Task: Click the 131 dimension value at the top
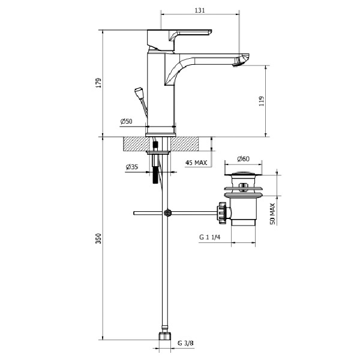click(200, 10)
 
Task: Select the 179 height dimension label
click(98, 83)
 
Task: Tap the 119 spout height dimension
click(262, 101)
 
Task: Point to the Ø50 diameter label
click(126, 121)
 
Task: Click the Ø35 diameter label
click(132, 167)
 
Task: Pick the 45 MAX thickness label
click(196, 163)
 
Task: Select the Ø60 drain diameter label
click(244, 158)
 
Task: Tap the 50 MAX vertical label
click(272, 214)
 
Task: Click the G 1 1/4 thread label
click(210, 237)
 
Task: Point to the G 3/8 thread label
click(185, 343)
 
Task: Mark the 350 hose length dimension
click(98, 239)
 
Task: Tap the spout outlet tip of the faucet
click(241, 60)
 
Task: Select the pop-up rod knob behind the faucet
click(138, 91)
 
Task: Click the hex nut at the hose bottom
click(165, 336)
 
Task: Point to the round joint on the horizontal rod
click(167, 213)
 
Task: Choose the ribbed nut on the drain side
click(222, 213)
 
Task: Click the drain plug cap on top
click(243, 174)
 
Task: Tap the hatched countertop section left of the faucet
click(134, 144)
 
